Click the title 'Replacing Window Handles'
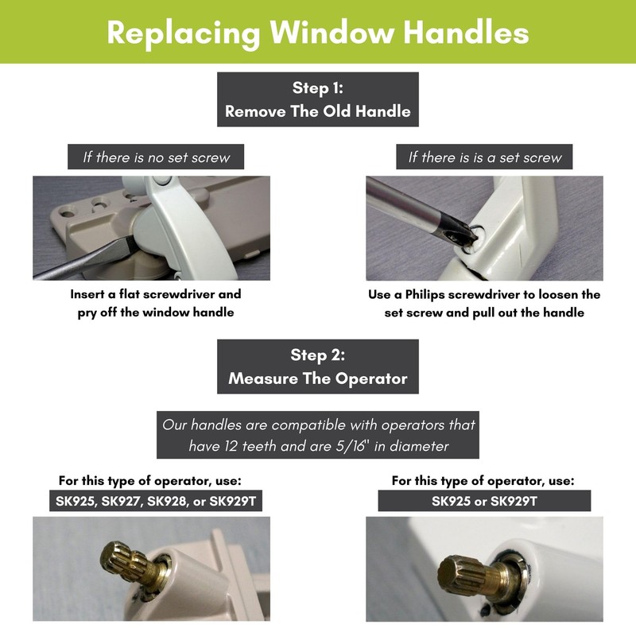pyautogui.click(x=318, y=33)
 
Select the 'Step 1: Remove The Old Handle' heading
pyautogui.click(x=318, y=99)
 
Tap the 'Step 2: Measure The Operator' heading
pyautogui.click(x=318, y=366)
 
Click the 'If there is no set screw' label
pyautogui.click(x=157, y=157)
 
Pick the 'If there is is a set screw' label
pyautogui.click(x=485, y=157)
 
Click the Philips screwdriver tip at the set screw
pyautogui.click(x=460, y=230)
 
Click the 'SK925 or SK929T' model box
pyautogui.click(x=484, y=501)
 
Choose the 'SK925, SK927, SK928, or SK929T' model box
pyautogui.click(x=151, y=501)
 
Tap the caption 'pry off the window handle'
pyautogui.click(x=155, y=312)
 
